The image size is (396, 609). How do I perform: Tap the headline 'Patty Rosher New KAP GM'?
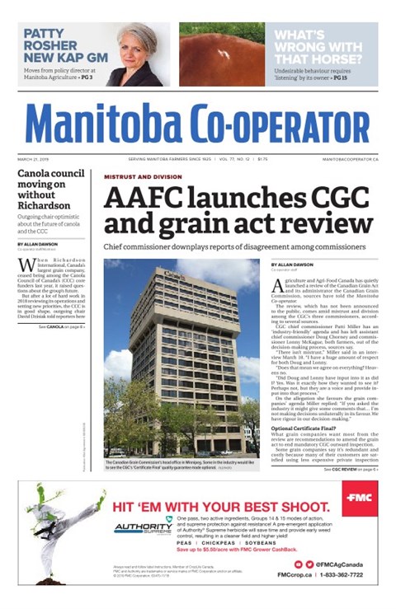pyautogui.click(x=56, y=46)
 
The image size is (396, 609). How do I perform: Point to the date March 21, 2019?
pyautogui.click(x=34, y=159)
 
